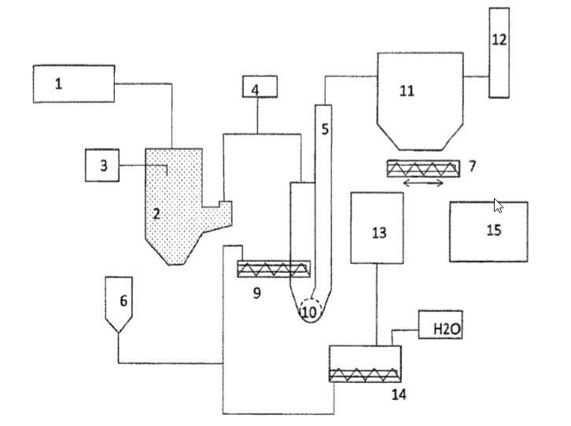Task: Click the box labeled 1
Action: pyautogui.click(x=74, y=83)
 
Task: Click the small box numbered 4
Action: pyautogui.click(x=255, y=90)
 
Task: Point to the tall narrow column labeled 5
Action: pyautogui.click(x=324, y=157)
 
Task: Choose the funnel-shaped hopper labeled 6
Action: pyautogui.click(x=123, y=303)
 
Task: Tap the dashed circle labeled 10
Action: pyautogui.click(x=309, y=311)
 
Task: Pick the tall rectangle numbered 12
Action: pyautogui.click(x=499, y=53)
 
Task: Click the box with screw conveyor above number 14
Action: pyautogui.click(x=365, y=364)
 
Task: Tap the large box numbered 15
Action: pyautogui.click(x=488, y=231)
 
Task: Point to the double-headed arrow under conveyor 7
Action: pyautogui.click(x=424, y=183)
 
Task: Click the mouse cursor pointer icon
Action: pyautogui.click(x=498, y=206)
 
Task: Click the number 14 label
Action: pyautogui.click(x=399, y=393)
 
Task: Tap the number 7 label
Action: pyautogui.click(x=472, y=166)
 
